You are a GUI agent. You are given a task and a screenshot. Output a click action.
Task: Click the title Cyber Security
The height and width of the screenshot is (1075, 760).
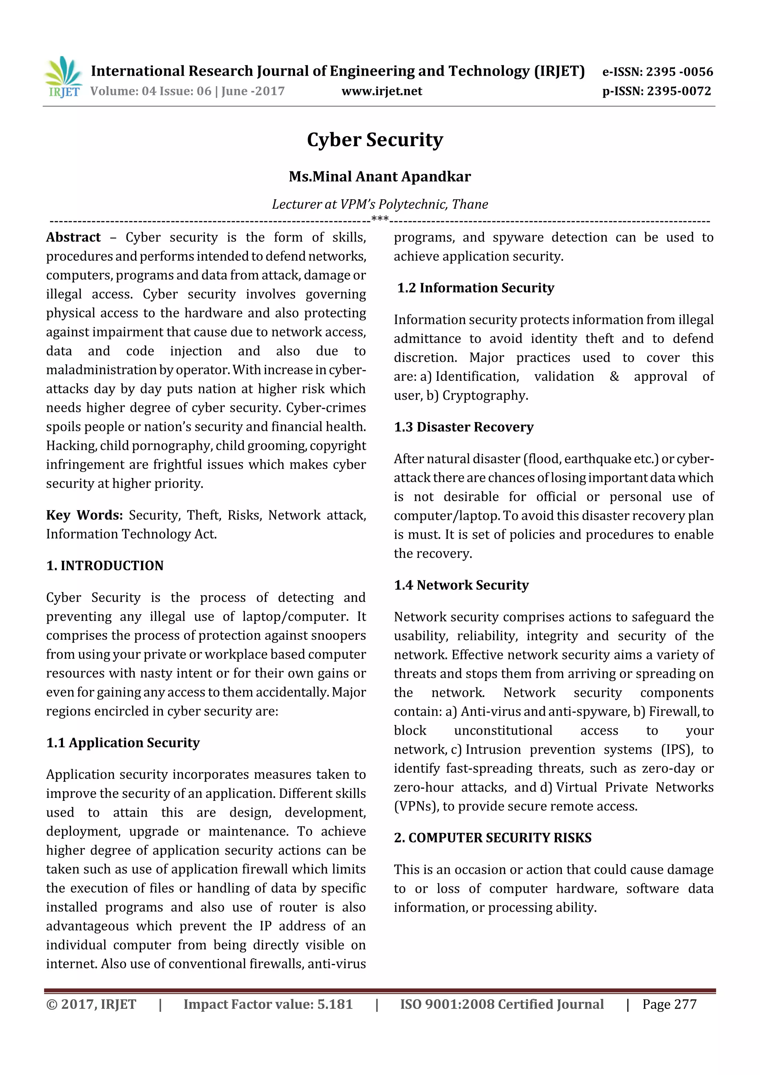(374, 140)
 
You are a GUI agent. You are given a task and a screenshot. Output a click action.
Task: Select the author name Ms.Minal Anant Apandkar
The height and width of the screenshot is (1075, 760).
(380, 177)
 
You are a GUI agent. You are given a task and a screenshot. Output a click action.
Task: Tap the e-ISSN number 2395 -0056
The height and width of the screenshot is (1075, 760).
(679, 72)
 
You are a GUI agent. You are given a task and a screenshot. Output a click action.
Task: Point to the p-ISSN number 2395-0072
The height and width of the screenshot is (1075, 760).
(679, 91)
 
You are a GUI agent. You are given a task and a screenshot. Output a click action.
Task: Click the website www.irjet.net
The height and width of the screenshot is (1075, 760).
(381, 91)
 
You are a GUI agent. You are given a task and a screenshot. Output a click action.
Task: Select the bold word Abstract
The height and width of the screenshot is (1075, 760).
(73, 237)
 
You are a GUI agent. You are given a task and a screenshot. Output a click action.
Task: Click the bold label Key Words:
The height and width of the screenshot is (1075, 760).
(84, 515)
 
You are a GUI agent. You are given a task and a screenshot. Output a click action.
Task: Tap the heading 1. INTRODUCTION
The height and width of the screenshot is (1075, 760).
(105, 566)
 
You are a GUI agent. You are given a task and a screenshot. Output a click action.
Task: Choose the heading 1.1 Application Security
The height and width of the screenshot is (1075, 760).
(123, 743)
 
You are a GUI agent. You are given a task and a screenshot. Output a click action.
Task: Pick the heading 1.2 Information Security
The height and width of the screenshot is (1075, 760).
(475, 288)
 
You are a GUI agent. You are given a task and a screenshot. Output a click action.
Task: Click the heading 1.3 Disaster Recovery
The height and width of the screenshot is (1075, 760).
(463, 427)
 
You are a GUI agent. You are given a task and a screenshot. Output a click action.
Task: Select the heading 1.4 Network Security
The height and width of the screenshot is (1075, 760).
(461, 585)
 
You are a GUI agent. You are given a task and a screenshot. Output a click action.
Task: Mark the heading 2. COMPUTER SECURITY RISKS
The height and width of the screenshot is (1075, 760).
(492, 838)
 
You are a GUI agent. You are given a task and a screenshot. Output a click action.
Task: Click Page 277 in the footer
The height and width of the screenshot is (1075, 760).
(669, 1004)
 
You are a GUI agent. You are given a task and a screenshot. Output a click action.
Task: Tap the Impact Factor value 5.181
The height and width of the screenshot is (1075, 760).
(335, 1004)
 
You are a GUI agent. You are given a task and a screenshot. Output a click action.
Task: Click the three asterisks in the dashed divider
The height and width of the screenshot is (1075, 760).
(380, 219)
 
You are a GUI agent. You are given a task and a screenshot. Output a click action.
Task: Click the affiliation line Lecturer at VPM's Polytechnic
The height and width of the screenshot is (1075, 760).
(380, 204)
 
